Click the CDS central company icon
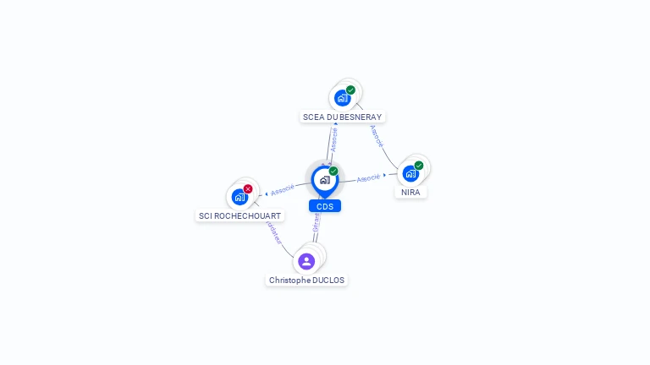point(324,179)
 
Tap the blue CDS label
point(324,206)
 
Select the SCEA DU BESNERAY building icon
point(342,97)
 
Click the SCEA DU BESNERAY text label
point(342,117)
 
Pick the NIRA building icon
point(410,173)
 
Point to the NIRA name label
point(410,192)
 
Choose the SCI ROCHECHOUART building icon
point(240,197)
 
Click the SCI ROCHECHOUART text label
point(240,215)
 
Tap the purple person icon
point(306,261)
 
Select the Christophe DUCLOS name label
point(306,280)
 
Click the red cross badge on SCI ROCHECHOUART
point(248,188)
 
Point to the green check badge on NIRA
point(419,166)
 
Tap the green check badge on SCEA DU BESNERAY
point(350,90)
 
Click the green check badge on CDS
point(333,171)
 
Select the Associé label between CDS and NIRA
point(368,178)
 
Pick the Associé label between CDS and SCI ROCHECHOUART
point(282,189)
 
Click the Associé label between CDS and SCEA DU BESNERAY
point(333,139)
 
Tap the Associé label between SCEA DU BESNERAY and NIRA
point(377,135)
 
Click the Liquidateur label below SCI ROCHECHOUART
point(273,232)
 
